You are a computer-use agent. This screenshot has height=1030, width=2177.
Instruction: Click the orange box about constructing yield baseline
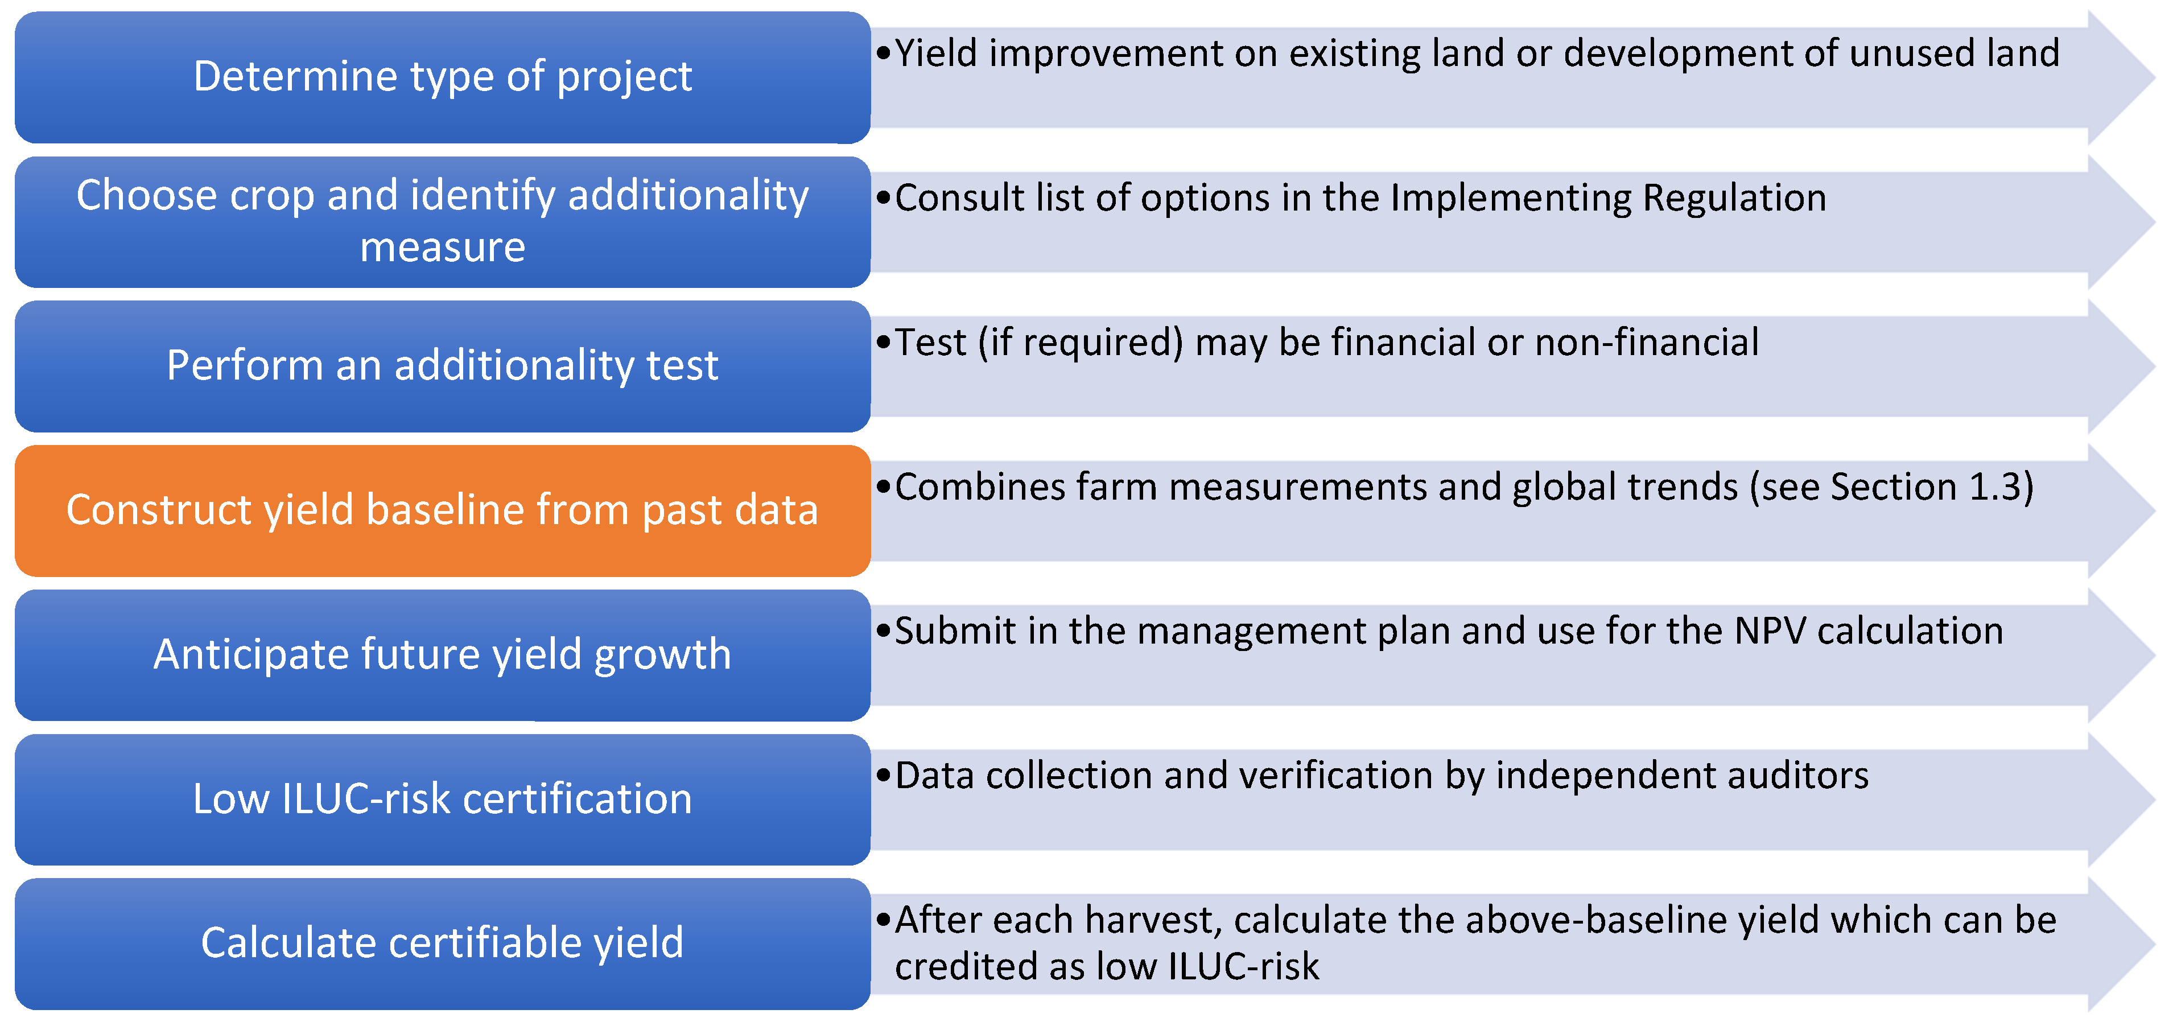coord(443,511)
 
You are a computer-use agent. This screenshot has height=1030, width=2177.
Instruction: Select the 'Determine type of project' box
coord(443,77)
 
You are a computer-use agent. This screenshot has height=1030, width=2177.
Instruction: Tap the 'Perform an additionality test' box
coord(443,366)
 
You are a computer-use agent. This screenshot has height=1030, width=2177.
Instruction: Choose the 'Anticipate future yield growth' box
coord(443,655)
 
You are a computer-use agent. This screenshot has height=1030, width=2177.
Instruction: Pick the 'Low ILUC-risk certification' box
coord(443,800)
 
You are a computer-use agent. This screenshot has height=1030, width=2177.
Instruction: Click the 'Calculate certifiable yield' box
coord(443,944)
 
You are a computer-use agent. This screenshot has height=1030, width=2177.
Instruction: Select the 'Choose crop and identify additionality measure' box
coord(443,221)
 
